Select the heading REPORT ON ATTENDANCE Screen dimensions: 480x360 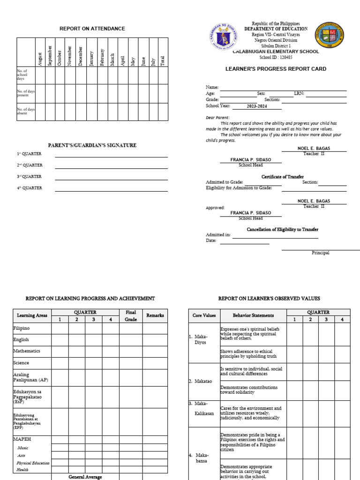92,29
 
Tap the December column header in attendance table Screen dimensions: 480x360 80,56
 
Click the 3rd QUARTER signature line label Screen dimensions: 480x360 30,177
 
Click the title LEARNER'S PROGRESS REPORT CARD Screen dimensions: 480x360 276,69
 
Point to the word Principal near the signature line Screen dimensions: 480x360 321,253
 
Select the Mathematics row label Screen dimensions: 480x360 27,351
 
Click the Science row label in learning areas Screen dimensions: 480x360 21,363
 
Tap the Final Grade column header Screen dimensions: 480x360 131,315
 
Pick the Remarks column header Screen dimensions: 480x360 155,315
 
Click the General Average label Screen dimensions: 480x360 85,477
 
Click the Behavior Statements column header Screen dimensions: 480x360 253,315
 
